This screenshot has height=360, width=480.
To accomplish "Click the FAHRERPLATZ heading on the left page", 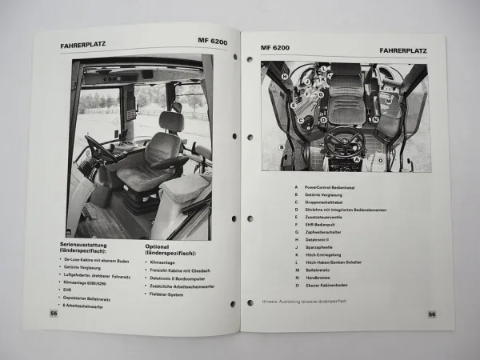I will (83, 46).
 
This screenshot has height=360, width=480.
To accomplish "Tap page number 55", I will (54, 313).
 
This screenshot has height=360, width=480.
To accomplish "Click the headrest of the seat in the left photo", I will (170, 121).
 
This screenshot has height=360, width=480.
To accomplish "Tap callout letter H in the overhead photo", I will (284, 76).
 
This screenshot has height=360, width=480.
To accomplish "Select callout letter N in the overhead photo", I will (374, 119).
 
